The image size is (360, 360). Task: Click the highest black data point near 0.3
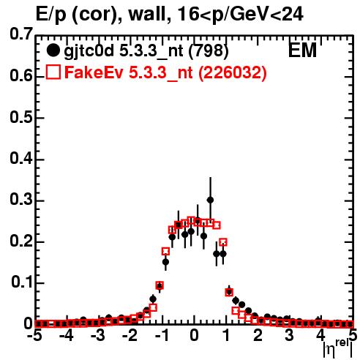pos(210,200)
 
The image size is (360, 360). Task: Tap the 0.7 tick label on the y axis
pos(21,34)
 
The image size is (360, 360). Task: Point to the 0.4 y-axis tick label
pos(21,159)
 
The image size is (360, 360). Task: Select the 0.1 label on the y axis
pos(22,282)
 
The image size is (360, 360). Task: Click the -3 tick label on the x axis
pos(98,335)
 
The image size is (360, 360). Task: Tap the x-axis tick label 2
pos(258,335)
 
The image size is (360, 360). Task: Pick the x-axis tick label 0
pos(194,335)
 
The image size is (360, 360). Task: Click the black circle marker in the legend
pos(53,50)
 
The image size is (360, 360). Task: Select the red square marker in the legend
pos(53,72)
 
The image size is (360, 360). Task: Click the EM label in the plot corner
pos(302,50)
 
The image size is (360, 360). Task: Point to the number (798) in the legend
pos(209,50)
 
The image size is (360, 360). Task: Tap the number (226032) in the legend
pos(232,72)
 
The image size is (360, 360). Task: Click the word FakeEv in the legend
pos(94,72)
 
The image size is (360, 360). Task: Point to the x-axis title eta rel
pos(338,349)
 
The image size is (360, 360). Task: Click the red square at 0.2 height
pos(223,242)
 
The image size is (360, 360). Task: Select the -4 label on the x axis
pos(67,335)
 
